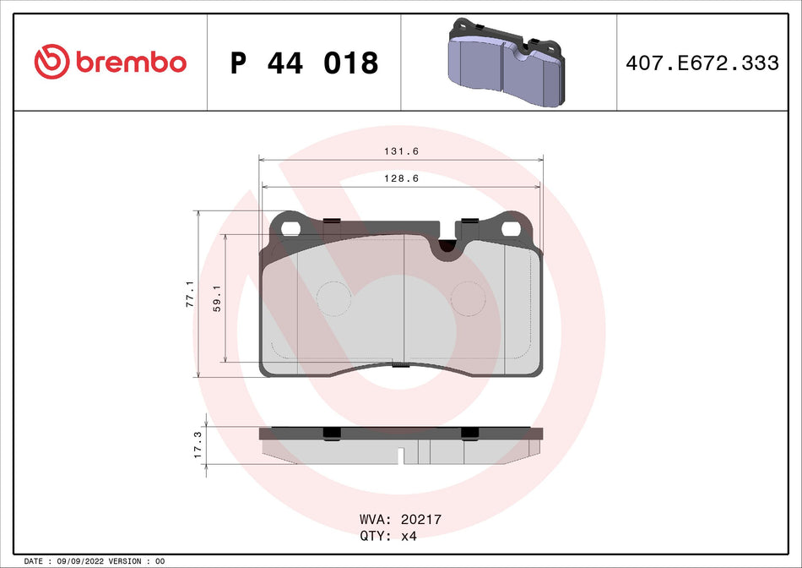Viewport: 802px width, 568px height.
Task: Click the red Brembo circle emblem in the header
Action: [x=51, y=62]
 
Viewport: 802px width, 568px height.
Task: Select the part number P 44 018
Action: [x=304, y=63]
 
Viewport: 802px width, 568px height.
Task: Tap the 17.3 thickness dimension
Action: [x=197, y=445]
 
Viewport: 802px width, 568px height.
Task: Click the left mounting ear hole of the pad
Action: [x=292, y=228]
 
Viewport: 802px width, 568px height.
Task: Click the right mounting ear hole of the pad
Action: [x=511, y=228]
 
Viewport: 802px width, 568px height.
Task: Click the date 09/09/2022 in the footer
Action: [x=85, y=561]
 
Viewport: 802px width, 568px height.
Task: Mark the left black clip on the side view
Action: [x=333, y=434]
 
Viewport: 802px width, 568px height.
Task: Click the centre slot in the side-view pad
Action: [x=403, y=456]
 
